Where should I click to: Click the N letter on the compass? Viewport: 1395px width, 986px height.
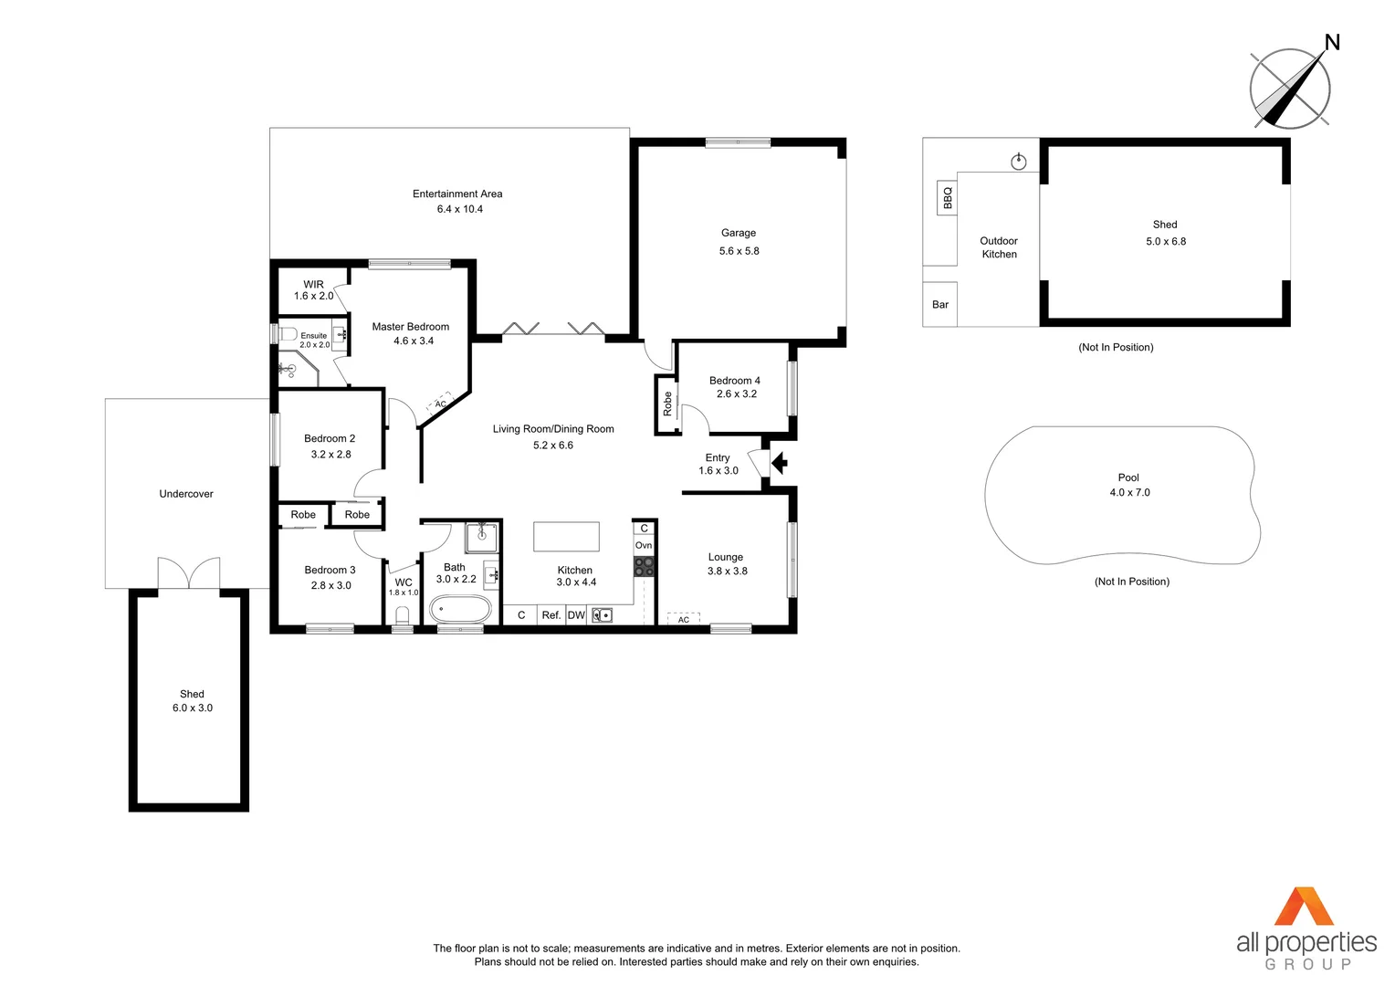click(1332, 42)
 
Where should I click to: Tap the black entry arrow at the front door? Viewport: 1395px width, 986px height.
click(780, 464)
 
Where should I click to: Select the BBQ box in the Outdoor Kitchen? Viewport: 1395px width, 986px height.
click(947, 197)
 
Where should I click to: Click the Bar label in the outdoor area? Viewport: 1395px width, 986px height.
click(939, 305)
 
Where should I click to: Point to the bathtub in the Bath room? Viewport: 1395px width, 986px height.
click(460, 609)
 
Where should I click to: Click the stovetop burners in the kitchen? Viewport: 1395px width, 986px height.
click(644, 567)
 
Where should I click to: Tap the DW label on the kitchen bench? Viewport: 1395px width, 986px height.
click(576, 615)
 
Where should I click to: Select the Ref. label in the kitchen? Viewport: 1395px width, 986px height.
click(551, 615)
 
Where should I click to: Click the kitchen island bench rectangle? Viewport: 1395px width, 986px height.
click(566, 537)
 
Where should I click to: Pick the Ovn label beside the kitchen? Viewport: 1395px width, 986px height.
click(644, 545)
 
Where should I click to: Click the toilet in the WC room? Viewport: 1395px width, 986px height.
click(403, 616)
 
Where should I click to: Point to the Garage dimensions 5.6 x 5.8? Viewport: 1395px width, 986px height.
click(739, 251)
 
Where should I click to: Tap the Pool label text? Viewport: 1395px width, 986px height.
click(1128, 477)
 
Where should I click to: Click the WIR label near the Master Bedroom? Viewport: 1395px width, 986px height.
click(313, 284)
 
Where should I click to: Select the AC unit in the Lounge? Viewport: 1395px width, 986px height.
click(683, 619)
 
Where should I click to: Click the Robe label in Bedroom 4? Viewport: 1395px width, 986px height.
click(667, 404)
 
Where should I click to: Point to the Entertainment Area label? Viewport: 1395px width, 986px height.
click(457, 194)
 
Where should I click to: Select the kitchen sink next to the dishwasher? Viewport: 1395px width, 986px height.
click(602, 615)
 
